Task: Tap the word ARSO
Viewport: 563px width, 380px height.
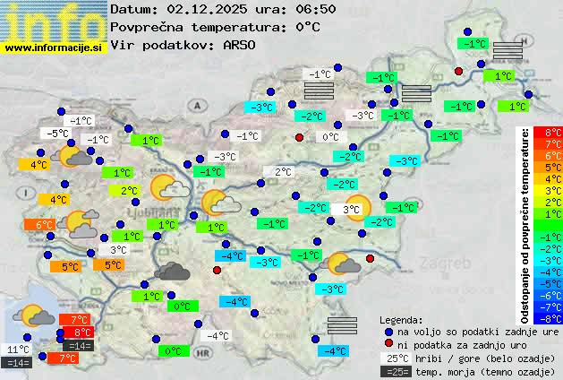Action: [x=243, y=45]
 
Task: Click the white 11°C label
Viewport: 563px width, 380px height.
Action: [x=18, y=350]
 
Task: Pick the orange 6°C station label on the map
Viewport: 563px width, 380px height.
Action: [x=44, y=225]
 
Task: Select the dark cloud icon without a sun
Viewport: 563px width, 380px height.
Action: [x=172, y=271]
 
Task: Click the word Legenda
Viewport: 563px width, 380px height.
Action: [x=401, y=319]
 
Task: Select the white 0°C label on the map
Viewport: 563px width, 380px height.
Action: [x=330, y=137]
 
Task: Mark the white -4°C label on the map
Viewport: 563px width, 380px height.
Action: [x=218, y=336]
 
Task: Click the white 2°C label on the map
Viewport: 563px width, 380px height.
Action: [x=283, y=172]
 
